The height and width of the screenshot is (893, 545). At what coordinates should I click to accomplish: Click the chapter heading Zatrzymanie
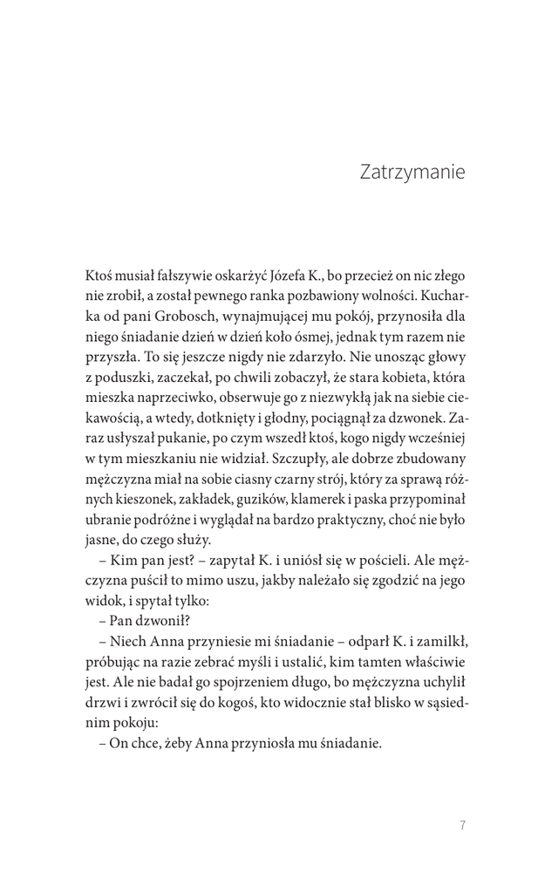[412, 172]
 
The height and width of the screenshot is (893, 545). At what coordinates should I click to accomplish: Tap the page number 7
[462, 826]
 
